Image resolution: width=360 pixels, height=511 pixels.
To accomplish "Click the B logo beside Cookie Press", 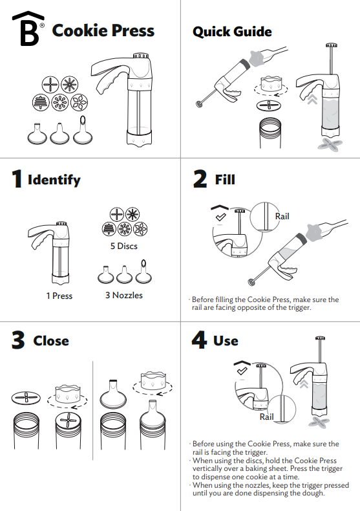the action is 28,28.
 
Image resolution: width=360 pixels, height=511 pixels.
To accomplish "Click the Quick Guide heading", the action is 232,32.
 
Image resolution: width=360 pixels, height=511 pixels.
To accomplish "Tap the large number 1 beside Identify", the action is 17,179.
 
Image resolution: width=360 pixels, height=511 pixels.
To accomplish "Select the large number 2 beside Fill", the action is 200,179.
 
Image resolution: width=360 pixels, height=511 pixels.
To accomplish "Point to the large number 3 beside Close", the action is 18,340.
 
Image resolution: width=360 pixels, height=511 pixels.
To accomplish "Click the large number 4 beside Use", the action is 200,340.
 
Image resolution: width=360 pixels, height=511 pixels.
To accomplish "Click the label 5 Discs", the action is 123,246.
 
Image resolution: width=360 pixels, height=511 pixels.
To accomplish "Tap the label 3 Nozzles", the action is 124,295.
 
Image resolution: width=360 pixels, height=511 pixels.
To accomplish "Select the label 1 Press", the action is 59,296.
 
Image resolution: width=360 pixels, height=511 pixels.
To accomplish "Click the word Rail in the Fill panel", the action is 282,217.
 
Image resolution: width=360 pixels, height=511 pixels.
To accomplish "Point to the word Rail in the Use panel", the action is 266,417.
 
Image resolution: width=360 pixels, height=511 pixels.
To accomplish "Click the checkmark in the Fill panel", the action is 221,217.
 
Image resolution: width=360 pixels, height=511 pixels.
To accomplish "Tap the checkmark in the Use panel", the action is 242,371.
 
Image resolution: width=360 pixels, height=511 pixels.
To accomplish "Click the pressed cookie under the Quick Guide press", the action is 330,144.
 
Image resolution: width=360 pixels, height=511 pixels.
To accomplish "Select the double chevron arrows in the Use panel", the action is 304,384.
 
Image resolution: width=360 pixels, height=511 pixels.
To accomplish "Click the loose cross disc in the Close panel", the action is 26,398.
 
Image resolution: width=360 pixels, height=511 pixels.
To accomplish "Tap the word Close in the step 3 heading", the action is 51,341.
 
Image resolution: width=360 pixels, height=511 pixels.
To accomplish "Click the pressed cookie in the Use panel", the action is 319,422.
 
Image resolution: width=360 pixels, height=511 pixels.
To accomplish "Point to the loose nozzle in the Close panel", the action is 113,394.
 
